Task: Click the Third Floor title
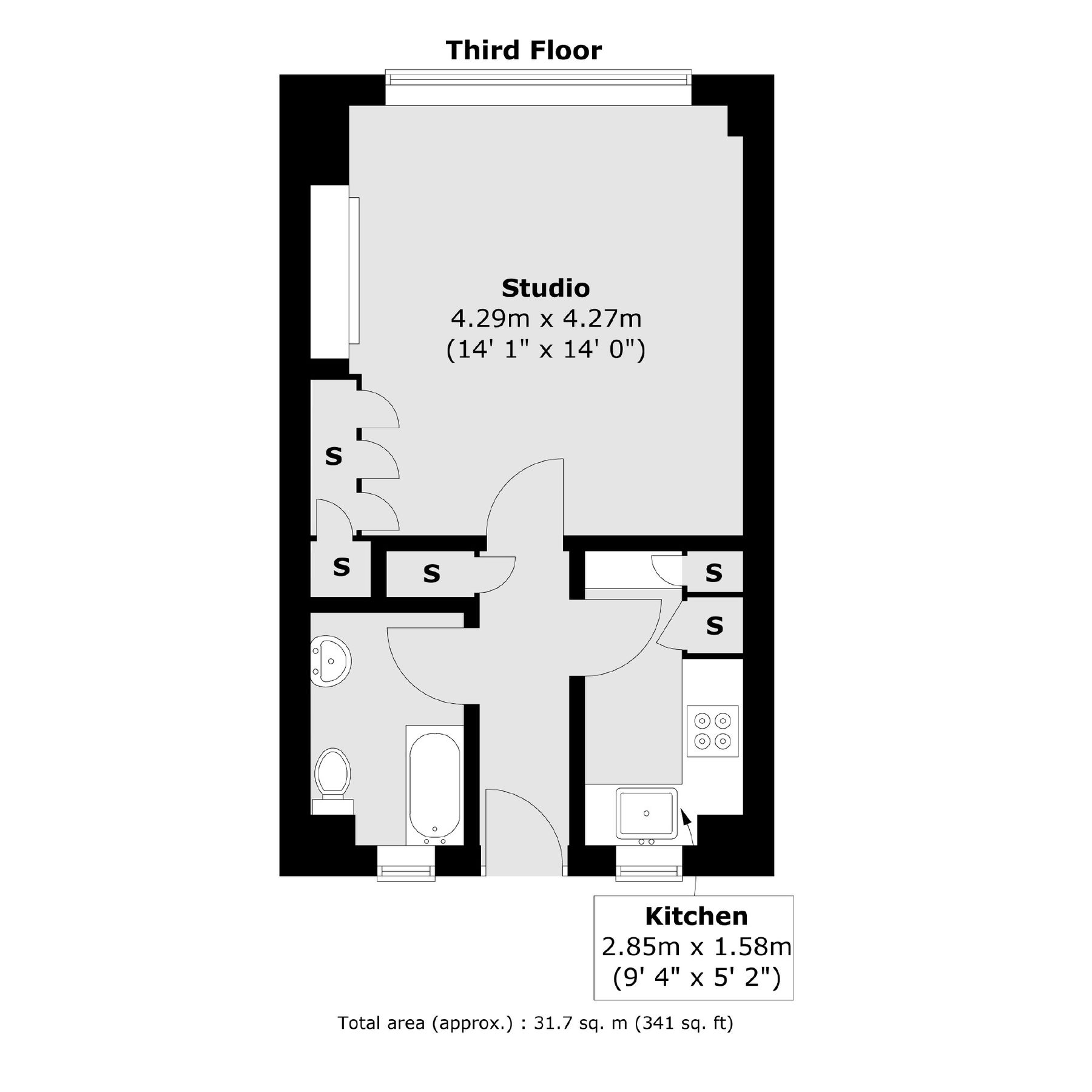pos(524,50)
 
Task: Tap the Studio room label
pos(545,288)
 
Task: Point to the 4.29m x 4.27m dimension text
pos(545,318)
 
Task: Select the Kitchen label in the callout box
pos(696,916)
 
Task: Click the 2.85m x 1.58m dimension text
pos(696,946)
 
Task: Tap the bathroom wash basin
pos(331,661)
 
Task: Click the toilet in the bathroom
pos(332,773)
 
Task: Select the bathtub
pos(434,786)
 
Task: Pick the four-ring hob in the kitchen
pos(712,731)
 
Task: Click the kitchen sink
pos(646,813)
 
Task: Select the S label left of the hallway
pos(431,573)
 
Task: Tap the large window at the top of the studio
pos(538,79)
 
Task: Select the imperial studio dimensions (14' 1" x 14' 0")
pos(545,350)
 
